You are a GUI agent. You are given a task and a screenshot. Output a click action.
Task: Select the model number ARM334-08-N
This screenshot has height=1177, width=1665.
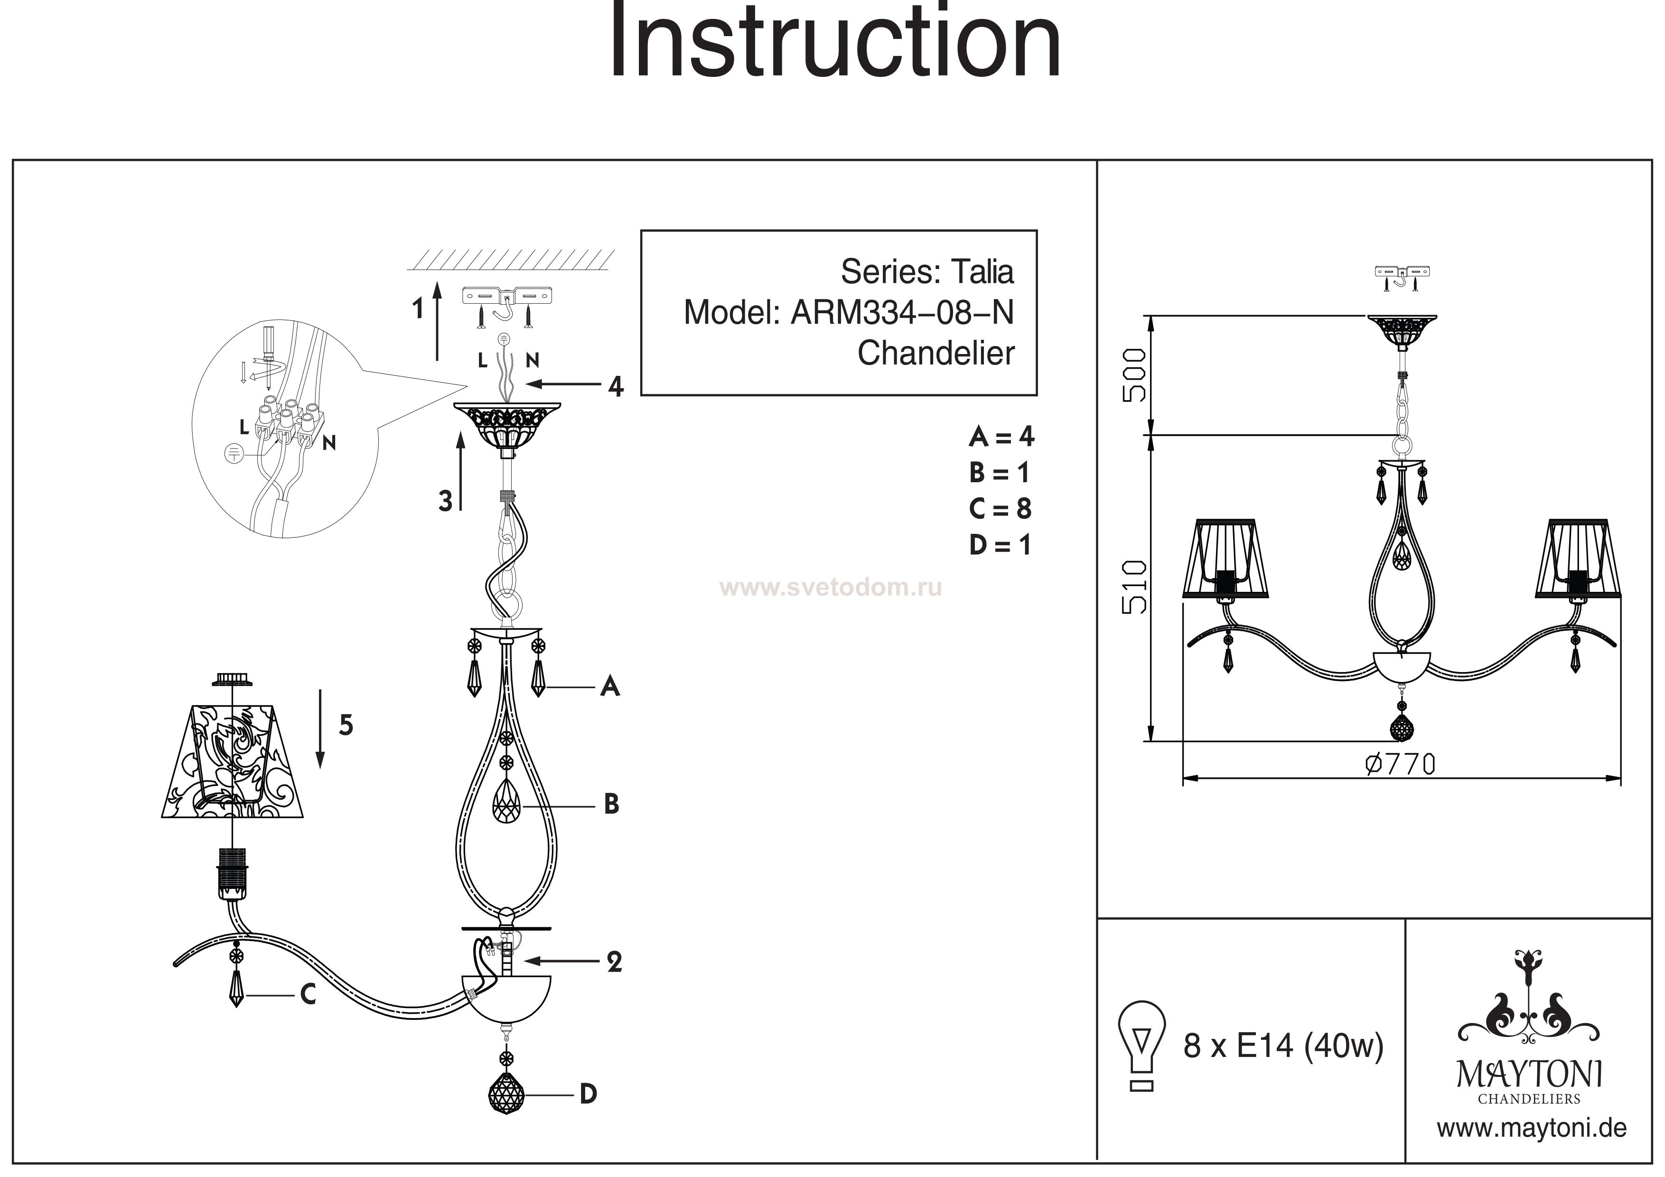pos(901,313)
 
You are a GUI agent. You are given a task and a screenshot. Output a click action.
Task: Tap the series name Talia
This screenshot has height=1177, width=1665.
pos(982,272)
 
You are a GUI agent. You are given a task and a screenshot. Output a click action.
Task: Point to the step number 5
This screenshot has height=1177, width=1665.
pos(346,725)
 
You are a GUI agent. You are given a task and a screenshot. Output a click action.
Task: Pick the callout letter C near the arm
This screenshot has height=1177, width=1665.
pos(308,995)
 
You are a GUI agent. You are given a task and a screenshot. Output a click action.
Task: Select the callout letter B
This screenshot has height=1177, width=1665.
pos(611,804)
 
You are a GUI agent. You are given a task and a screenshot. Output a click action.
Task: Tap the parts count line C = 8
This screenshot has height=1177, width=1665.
pos(1000,509)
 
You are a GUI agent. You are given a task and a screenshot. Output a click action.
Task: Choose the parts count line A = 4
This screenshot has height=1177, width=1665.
pos(1001,437)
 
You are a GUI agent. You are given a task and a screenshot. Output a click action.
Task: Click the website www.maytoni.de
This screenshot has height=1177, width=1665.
pos(1532,1129)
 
